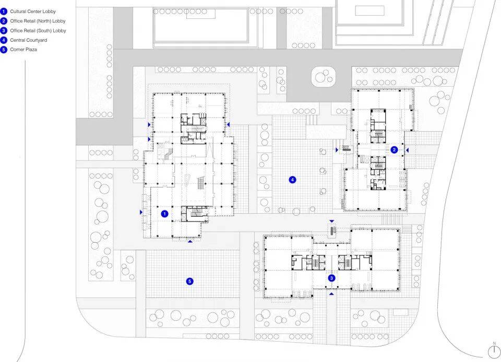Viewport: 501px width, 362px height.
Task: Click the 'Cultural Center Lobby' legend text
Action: pos(33,11)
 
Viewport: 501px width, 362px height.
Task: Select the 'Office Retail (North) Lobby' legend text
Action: pos(38,21)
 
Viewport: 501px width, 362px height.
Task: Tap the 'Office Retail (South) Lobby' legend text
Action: pos(38,31)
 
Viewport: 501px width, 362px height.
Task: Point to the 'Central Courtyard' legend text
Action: pos(28,40)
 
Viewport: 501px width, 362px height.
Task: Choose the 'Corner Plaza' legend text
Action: pos(23,50)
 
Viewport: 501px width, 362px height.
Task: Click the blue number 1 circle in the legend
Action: pos(4,11)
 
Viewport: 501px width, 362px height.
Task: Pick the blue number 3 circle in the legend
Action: pos(4,31)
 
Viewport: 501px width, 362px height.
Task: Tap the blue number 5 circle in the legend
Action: pos(4,50)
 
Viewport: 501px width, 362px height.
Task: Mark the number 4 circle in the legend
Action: pos(4,40)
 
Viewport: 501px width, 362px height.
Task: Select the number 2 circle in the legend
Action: pos(4,21)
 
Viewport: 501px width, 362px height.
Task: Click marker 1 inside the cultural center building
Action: pos(164,214)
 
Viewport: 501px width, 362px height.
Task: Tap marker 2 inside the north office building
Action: pos(394,150)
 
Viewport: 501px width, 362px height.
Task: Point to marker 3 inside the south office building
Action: pos(331,278)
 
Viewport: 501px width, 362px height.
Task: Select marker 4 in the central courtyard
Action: pos(292,180)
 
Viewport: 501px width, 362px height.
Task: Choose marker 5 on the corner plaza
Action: pos(190,282)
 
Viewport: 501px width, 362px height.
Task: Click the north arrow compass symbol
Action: pos(494,352)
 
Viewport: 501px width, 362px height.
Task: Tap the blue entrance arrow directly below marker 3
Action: pos(331,294)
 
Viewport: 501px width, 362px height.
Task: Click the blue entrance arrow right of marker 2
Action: pos(407,150)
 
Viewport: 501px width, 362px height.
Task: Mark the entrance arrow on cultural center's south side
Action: pos(190,241)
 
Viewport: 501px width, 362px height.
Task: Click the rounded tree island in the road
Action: pos(324,77)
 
